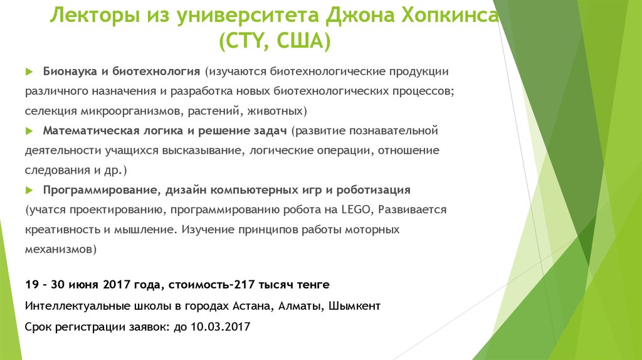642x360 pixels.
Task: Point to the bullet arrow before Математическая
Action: coord(29,131)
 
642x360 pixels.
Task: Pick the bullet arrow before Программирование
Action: coord(29,189)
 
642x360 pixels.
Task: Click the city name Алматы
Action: coord(298,306)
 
